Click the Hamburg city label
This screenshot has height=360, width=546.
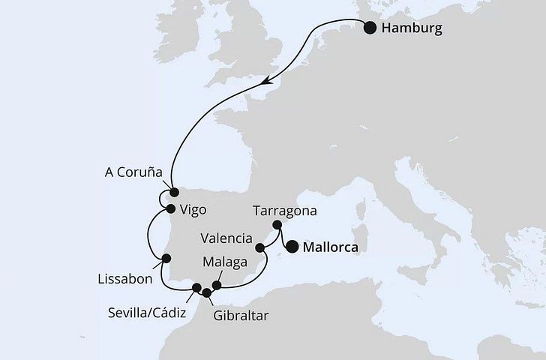tap(412, 28)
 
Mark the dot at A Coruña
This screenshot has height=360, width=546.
tap(174, 191)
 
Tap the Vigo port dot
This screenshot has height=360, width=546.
tap(171, 208)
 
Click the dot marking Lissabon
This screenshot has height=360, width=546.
tap(166, 259)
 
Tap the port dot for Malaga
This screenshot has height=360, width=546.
tap(217, 285)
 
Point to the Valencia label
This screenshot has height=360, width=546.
tap(226, 239)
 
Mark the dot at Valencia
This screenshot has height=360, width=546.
tap(260, 247)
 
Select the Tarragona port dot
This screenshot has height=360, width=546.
tap(277, 224)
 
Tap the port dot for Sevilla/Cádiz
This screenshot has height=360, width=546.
tap(197, 288)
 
